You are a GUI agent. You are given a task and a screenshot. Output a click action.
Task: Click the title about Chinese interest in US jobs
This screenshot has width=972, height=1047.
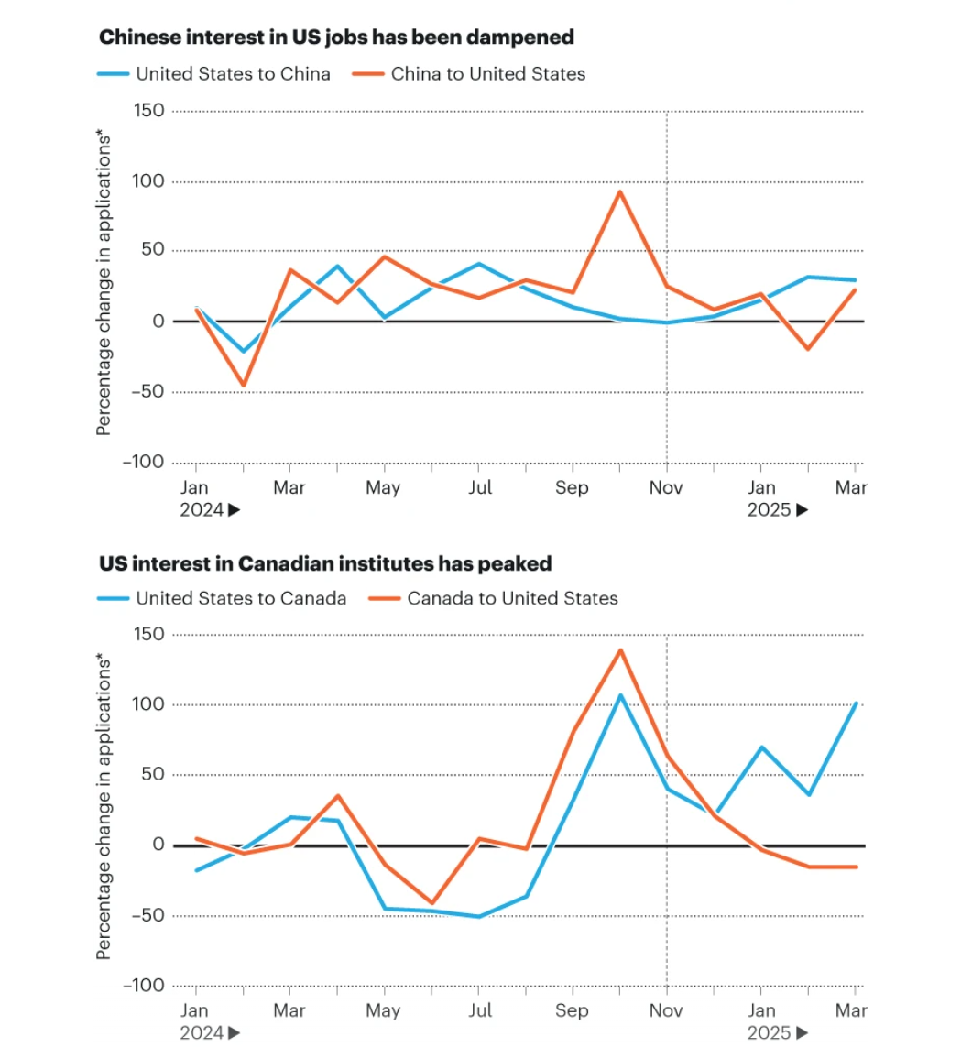coord(336,38)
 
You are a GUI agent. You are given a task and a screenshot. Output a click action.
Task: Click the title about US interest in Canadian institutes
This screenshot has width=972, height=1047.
coord(325,563)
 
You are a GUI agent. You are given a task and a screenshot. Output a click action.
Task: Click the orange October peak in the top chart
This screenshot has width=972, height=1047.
coord(620,191)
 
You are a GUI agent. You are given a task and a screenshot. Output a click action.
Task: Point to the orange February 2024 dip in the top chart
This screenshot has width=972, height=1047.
coord(243,386)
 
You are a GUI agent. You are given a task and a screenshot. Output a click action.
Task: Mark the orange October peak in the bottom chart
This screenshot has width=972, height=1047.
coord(620,650)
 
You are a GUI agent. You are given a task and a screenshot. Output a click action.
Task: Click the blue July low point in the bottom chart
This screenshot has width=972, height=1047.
coord(478,916)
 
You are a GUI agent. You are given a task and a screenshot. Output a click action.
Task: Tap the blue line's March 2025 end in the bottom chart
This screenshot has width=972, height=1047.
coord(855,703)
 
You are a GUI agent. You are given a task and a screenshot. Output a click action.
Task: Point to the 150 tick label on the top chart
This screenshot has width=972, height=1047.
coord(149,111)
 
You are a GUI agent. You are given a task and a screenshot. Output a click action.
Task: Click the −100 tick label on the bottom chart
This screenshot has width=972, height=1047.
coord(143,986)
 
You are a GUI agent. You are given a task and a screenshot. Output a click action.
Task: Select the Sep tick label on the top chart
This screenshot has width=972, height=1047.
coord(572,487)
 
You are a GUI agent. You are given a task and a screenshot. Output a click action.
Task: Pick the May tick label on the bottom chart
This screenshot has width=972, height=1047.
coord(383,1011)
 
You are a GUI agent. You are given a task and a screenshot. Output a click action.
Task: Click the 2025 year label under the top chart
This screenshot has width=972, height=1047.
coord(769,510)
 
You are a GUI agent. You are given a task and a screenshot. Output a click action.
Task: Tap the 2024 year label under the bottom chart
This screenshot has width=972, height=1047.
coord(202,1033)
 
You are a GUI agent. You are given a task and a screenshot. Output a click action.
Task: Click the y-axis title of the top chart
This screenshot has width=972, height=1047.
coord(104,286)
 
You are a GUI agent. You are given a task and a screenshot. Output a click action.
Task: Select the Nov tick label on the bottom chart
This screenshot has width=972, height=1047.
coord(666,1011)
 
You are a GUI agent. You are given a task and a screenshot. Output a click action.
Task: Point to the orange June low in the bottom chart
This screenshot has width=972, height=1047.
coord(431,903)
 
